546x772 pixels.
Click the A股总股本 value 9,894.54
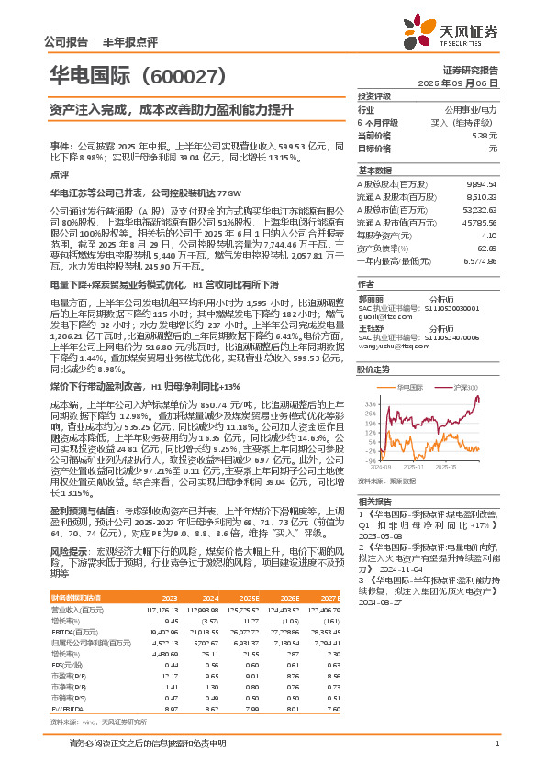pyautogui.click(x=481, y=183)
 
